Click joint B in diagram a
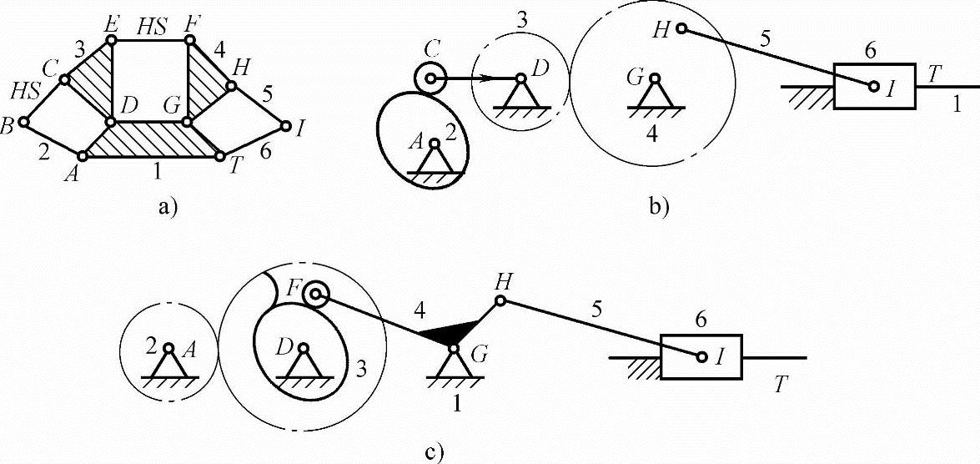(x=24, y=122)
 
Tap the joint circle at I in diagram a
(x=286, y=127)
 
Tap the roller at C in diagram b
(x=430, y=79)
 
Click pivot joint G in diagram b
(x=656, y=79)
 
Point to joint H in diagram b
(x=681, y=29)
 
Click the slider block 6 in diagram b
(x=875, y=85)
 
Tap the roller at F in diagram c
(x=314, y=294)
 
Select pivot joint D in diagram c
(x=304, y=348)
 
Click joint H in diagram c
(x=500, y=300)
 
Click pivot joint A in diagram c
(x=169, y=348)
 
